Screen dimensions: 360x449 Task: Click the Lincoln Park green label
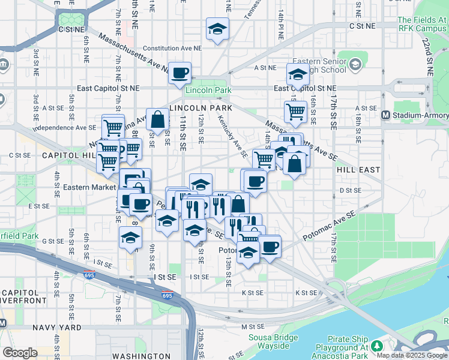[x=208, y=91]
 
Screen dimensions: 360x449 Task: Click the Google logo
[x=20, y=352]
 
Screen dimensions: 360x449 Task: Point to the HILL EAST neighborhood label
[x=358, y=170]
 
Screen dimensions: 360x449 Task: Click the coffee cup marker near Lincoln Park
[x=179, y=74]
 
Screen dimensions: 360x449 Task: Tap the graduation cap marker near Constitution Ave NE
[x=217, y=28]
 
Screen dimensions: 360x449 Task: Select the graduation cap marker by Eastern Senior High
[x=297, y=74]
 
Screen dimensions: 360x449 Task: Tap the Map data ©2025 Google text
[x=412, y=355]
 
